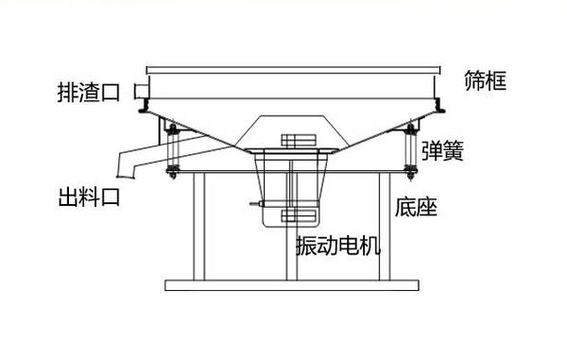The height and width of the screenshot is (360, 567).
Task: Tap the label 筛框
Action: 486,83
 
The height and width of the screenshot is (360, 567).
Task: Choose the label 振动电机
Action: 337,247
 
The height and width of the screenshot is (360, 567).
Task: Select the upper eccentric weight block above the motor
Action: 298,143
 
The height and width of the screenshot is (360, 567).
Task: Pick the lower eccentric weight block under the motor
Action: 298,218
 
